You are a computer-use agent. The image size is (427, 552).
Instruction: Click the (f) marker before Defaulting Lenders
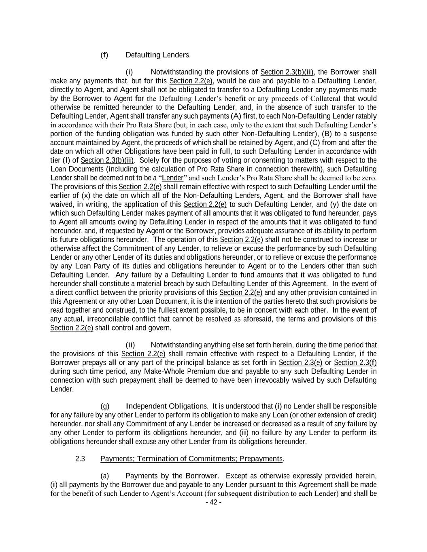[x=104, y=55]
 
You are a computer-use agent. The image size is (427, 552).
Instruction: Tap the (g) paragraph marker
[x=104, y=406]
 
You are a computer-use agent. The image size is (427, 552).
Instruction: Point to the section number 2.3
[x=80, y=459]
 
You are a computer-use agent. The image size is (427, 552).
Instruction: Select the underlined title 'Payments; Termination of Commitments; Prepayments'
[x=191, y=459]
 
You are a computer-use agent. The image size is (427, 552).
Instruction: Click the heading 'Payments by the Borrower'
[x=172, y=476]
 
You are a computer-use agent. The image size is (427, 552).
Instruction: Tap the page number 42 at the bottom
[x=213, y=503]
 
